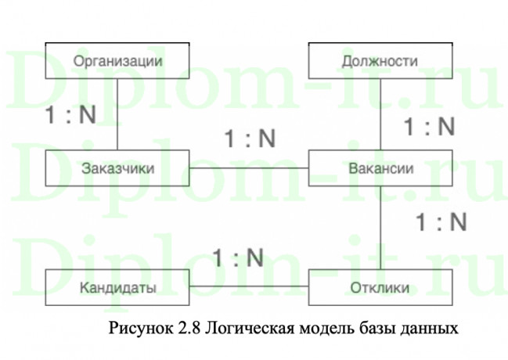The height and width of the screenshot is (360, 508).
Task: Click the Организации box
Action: pyautogui.click(x=117, y=61)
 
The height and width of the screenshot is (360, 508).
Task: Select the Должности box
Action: pyautogui.click(x=380, y=61)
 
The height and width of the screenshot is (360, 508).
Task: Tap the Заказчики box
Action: pyautogui.click(x=117, y=168)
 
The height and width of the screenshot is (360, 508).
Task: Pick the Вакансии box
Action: pyautogui.click(x=380, y=168)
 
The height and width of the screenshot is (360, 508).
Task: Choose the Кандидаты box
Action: pyautogui.click(x=117, y=288)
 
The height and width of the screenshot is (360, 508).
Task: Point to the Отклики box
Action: pyautogui.click(x=380, y=288)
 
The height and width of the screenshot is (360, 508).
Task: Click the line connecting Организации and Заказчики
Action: pyautogui.click(x=117, y=114)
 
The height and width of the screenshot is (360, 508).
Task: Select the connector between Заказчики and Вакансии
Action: pyautogui.click(x=250, y=168)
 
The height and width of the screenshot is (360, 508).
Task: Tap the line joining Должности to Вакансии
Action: pyautogui.click(x=380, y=114)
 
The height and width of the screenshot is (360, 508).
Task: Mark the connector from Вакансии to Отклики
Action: pyautogui.click(x=380, y=228)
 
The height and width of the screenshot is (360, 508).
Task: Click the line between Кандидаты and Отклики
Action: pyautogui.click(x=250, y=288)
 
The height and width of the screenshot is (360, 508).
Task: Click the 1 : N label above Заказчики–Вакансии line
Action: pyautogui.click(x=250, y=139)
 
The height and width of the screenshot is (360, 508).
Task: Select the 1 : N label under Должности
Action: pyautogui.click(x=428, y=127)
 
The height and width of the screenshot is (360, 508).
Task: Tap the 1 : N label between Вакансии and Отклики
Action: pyautogui.click(x=440, y=222)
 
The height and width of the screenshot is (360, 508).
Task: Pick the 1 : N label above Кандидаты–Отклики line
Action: pyautogui.click(x=237, y=257)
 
